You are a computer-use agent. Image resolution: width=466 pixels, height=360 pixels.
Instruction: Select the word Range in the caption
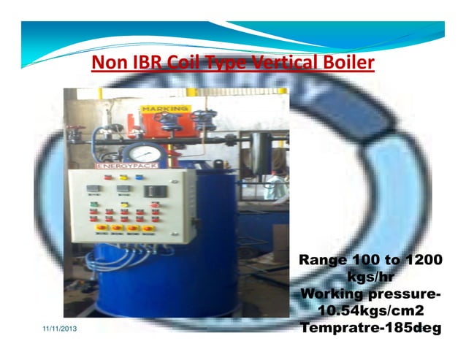(x=322, y=261)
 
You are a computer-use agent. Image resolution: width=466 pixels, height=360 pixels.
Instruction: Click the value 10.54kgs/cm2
(x=370, y=313)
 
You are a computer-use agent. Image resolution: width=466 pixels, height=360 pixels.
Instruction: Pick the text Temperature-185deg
(x=370, y=330)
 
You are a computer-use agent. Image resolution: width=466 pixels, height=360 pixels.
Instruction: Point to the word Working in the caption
(x=332, y=295)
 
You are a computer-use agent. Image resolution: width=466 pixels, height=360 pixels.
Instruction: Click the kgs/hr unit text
(x=370, y=278)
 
